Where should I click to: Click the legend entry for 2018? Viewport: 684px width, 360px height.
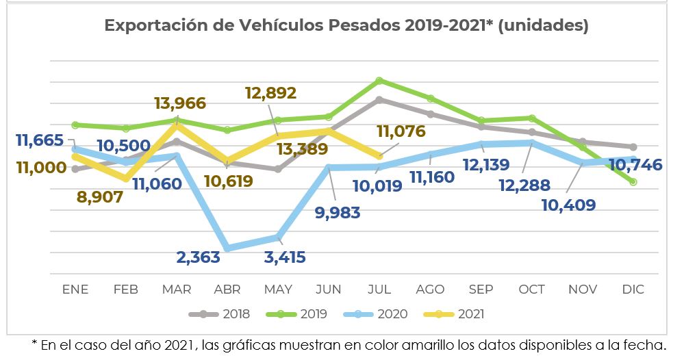tap(220, 314)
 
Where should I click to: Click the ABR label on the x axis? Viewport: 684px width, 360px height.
tap(228, 290)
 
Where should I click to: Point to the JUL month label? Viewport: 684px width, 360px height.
tap(379, 290)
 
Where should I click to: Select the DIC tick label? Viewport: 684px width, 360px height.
tap(633, 290)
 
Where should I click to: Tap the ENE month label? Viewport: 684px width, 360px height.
tap(75, 290)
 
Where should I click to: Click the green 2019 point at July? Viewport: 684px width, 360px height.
tap(379, 80)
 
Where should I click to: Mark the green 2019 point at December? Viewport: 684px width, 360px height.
tap(633, 181)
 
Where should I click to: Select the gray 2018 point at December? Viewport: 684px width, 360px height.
tap(633, 146)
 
